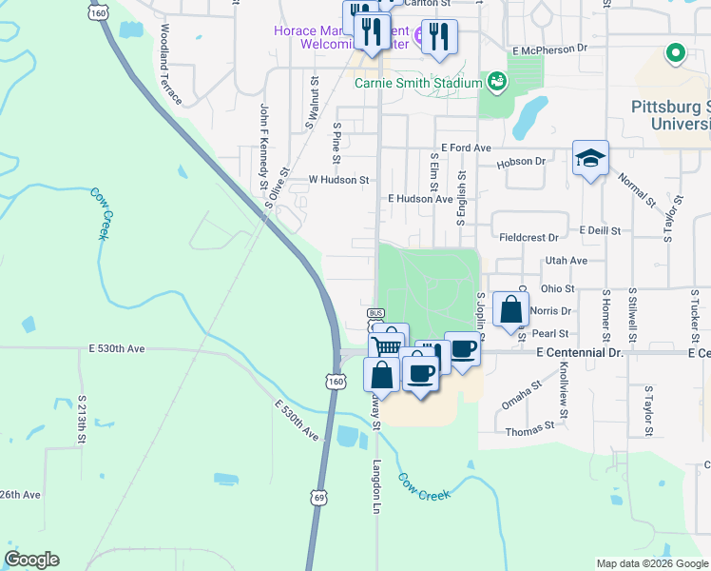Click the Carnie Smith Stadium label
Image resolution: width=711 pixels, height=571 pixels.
click(419, 83)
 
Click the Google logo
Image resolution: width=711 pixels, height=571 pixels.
click(31, 560)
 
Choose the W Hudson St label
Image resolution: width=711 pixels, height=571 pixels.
click(339, 179)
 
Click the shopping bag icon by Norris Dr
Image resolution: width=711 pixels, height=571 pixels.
click(510, 309)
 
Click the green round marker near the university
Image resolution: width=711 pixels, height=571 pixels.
click(676, 53)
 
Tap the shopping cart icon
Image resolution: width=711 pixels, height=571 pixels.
click(385, 345)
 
